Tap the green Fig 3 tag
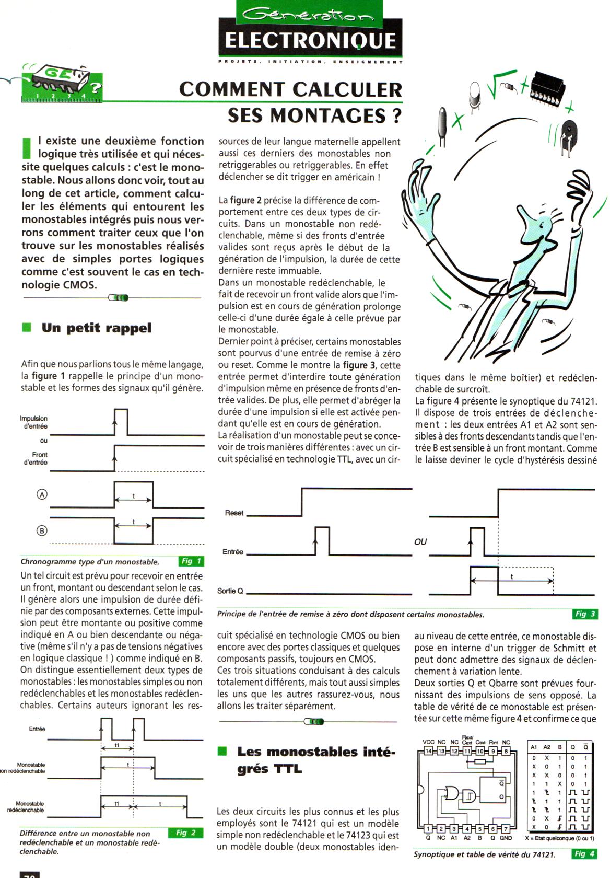[584, 614]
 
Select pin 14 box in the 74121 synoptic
[428, 751]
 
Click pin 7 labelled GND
[505, 828]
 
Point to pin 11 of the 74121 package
[467, 751]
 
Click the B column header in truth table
[560, 747]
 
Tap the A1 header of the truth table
[534, 747]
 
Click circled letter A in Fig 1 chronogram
[42, 494]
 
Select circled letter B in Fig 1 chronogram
[42, 530]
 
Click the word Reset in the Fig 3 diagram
[234, 513]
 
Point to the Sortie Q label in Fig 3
[230, 591]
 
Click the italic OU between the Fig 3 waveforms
[420, 542]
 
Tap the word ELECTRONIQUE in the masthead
[310, 40]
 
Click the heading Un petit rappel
[97, 328]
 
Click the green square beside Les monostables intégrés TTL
[222, 752]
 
